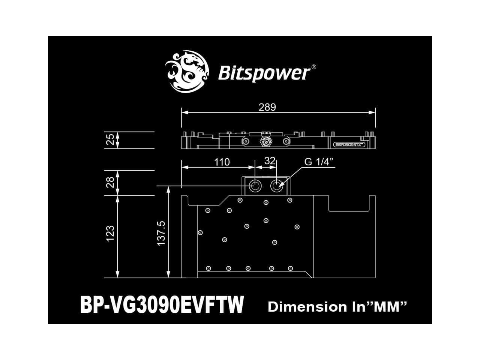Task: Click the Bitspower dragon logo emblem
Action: coord(186,72)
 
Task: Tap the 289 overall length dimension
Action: coord(267,107)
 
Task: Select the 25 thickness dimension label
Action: coord(110,140)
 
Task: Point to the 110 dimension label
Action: coord(222,162)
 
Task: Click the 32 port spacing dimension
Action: coord(270,161)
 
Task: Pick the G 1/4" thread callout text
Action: coord(319,162)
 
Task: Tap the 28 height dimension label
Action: coord(110,183)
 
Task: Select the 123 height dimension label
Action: coord(110,233)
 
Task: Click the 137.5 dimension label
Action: coord(161,233)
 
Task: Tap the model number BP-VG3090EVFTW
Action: coord(162,304)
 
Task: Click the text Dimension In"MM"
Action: coord(337,307)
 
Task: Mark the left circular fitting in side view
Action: coord(246,141)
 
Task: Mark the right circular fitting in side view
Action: coord(286,141)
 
